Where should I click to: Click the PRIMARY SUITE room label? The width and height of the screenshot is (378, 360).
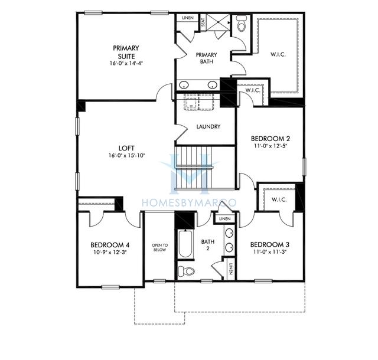[x=126, y=52]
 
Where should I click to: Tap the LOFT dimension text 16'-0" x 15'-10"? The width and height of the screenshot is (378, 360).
[x=126, y=156]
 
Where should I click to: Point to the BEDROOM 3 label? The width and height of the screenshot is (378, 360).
[x=271, y=244]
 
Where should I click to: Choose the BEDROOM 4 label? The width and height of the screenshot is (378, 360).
[x=110, y=244]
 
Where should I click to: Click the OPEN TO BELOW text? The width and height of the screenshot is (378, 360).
[x=159, y=247]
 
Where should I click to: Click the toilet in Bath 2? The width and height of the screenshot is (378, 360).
[x=187, y=271]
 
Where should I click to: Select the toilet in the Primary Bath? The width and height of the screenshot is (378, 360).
[x=241, y=24]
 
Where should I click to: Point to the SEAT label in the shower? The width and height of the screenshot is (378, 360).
[x=203, y=23]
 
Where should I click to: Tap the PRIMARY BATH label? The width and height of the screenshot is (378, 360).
[x=207, y=58]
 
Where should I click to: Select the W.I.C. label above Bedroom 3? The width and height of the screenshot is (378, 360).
[x=279, y=200]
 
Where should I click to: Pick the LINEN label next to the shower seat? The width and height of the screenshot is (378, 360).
[x=188, y=19]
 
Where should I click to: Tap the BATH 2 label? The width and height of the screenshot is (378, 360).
[x=207, y=244]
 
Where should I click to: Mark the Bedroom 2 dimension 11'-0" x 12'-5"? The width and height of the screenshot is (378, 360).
[x=271, y=146]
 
